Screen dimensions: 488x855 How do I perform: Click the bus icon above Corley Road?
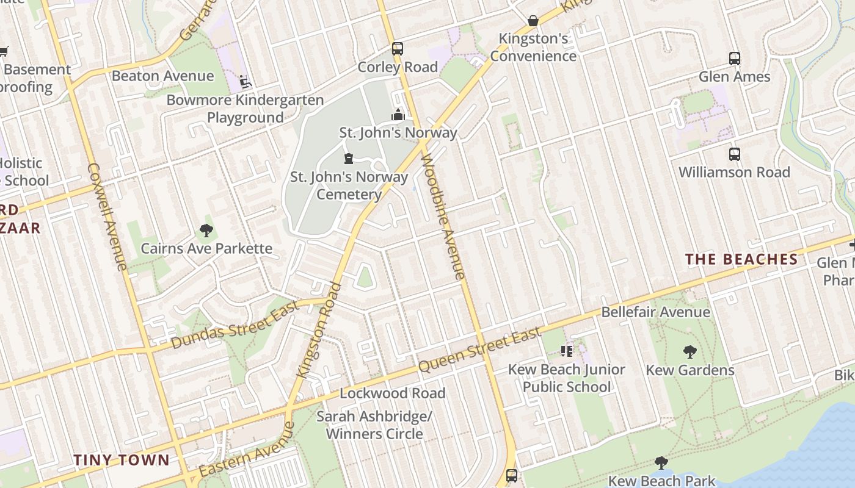pos(398,48)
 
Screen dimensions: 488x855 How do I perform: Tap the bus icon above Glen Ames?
pos(735,59)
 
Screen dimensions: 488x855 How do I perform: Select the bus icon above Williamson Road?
pos(735,154)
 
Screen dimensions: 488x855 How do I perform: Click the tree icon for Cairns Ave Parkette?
pos(206,231)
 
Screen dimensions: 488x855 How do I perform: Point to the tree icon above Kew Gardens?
pos(689,352)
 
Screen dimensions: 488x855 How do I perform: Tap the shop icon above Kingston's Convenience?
pos(533,21)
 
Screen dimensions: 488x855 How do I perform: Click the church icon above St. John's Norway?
pos(398,115)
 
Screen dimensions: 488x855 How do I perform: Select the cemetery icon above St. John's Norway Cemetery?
pos(349,159)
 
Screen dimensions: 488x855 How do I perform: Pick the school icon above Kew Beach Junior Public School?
pos(567,351)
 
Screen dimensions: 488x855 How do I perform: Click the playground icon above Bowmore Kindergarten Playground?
pos(245,82)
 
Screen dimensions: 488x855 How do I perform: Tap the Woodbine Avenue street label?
pos(443,217)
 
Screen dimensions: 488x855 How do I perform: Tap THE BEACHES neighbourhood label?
pos(741,259)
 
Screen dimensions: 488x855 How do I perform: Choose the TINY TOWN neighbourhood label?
pos(121,460)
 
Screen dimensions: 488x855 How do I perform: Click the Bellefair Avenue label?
pos(655,312)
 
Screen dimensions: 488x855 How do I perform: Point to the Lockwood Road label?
pos(393,393)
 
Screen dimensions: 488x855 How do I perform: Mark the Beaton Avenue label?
pos(162,76)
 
